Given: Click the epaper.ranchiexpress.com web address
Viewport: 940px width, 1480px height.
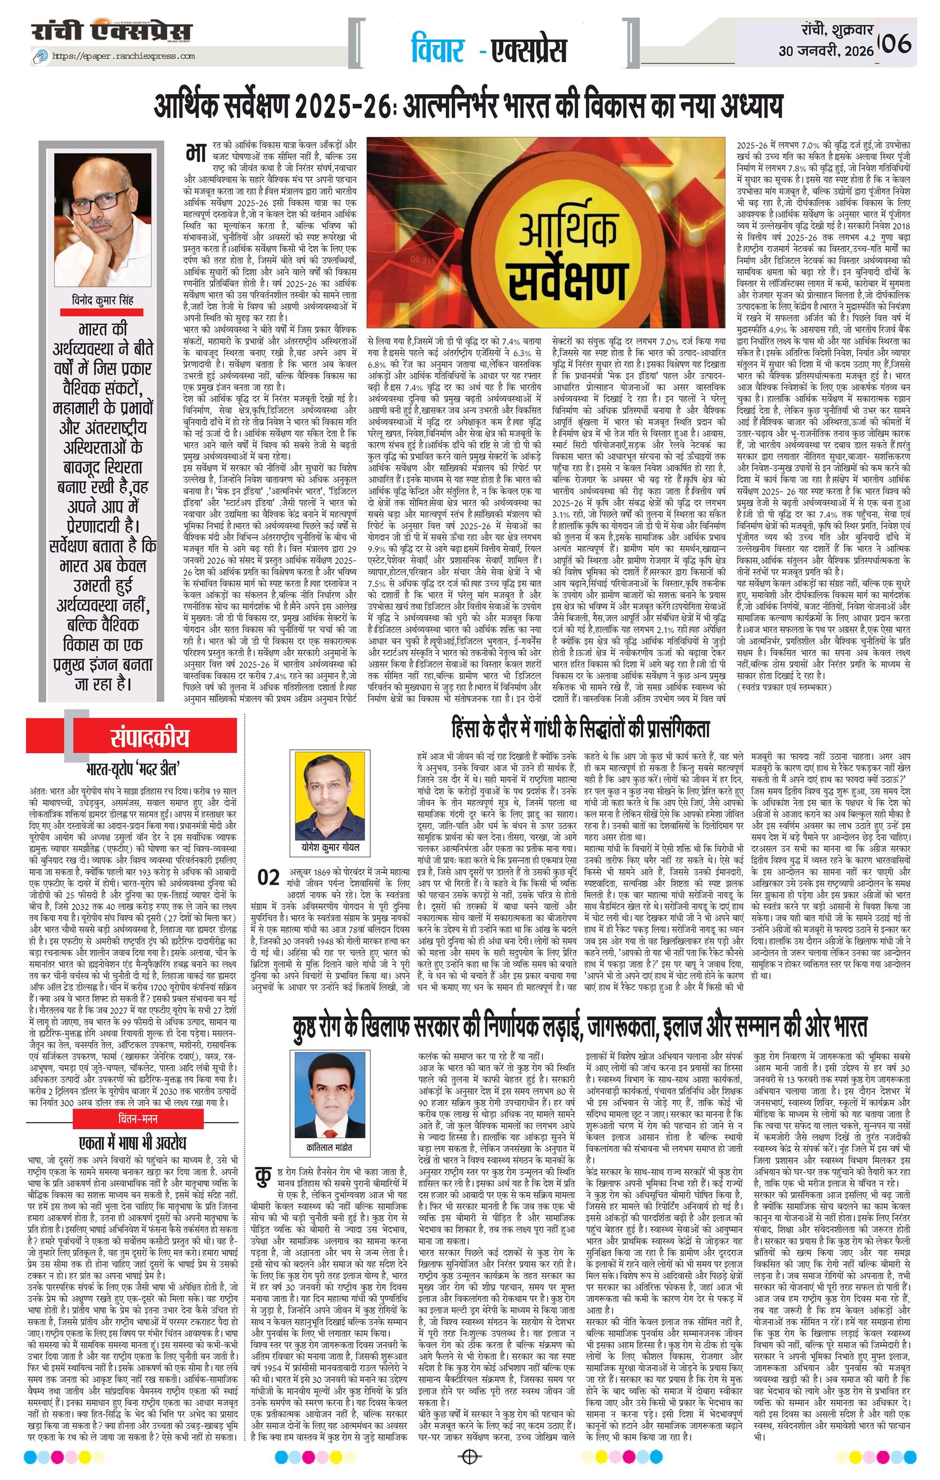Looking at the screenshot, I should (x=123, y=56).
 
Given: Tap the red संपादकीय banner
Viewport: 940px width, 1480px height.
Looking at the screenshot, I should (x=150, y=737).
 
